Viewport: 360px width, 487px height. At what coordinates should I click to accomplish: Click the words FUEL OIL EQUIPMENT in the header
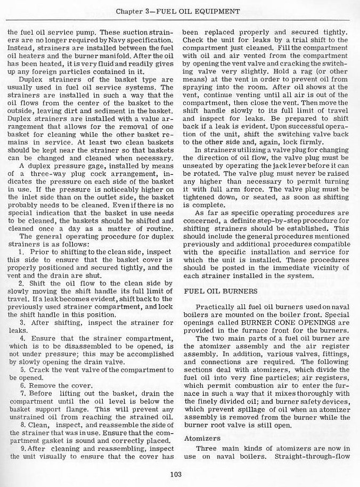pos(205,11)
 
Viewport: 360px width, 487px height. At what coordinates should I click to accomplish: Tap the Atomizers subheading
pos(201,439)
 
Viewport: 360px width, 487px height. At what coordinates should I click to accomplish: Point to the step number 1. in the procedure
pos(21,250)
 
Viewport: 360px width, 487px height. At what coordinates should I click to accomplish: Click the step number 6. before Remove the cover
pos(21,385)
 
